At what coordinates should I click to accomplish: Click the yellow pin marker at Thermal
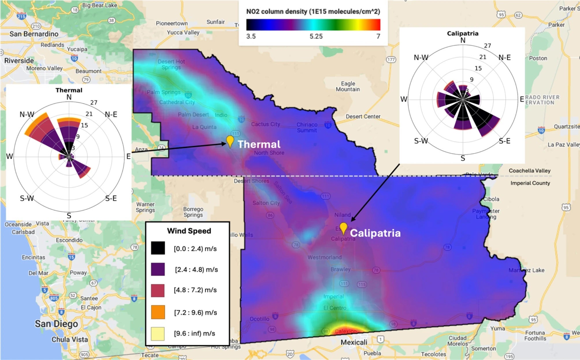230,141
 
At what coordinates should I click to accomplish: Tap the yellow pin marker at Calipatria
343,228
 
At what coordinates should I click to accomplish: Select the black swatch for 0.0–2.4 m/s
158,248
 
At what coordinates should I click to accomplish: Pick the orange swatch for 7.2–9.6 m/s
158,312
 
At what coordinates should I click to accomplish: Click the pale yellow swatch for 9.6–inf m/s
158,333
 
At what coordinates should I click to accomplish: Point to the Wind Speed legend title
189,231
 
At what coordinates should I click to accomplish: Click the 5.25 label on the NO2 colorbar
316,36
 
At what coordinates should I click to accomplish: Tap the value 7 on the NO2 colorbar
378,36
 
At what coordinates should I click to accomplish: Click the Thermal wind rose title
69,90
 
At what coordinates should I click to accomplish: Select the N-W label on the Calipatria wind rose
421,57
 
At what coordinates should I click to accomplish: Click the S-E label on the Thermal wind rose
111,198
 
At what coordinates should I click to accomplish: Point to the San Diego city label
56,324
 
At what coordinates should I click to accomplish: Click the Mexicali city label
354,342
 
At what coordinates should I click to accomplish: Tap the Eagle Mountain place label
348,86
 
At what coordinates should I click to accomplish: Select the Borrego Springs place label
193,212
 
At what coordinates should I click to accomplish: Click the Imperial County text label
530,183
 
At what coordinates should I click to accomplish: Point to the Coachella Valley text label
529,171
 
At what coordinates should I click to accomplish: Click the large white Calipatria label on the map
375,233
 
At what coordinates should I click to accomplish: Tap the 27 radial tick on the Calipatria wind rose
488,46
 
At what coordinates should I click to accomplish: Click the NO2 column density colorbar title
313,12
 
